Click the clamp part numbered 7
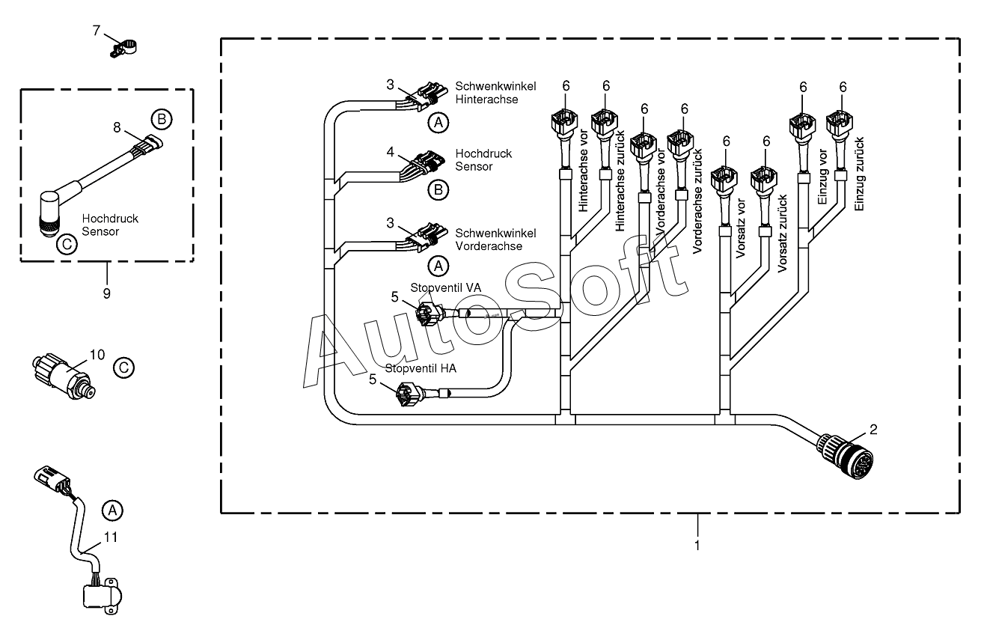(x=123, y=48)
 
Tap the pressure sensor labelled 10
(x=64, y=375)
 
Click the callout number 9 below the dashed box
(x=107, y=293)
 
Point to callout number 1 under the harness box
(x=697, y=546)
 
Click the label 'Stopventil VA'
(x=445, y=287)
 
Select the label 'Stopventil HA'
(x=421, y=369)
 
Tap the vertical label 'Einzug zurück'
(x=859, y=174)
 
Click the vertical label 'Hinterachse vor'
(x=583, y=171)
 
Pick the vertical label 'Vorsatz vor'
(x=740, y=228)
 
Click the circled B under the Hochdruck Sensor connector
(x=438, y=190)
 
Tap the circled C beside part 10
(x=123, y=368)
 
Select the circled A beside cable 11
(x=112, y=510)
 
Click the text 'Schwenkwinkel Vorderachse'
(x=495, y=240)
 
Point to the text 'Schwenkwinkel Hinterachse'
(x=495, y=93)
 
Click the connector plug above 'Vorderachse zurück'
(x=681, y=144)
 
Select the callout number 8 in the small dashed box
(x=117, y=127)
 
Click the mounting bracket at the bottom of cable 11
(x=103, y=596)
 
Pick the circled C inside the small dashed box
(x=67, y=244)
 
